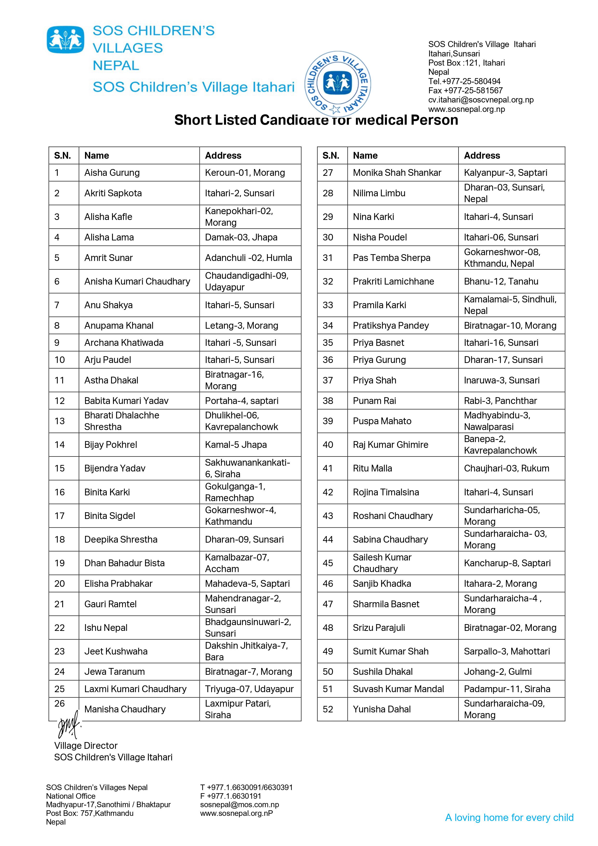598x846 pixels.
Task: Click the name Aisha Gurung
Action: (112, 173)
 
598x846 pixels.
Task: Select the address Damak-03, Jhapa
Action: (241, 237)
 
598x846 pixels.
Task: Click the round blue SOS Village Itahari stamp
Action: (338, 84)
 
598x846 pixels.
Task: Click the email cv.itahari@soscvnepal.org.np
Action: (480, 100)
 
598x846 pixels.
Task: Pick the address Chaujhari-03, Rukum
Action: (506, 468)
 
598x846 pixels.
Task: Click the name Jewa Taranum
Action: (114, 672)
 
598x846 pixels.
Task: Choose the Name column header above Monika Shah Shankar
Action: (365, 156)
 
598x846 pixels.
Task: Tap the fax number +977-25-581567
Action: (465, 91)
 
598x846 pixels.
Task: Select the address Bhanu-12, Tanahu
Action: (501, 281)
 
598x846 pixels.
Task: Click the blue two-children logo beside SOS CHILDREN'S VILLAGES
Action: (65, 39)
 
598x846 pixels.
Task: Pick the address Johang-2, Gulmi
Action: (498, 672)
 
